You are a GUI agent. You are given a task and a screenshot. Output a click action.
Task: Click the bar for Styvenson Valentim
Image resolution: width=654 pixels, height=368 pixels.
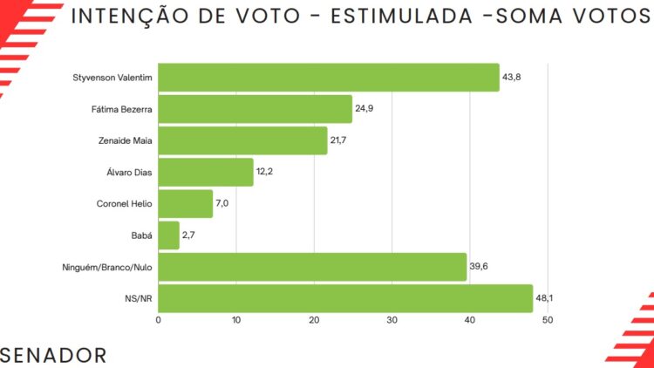click(x=329, y=78)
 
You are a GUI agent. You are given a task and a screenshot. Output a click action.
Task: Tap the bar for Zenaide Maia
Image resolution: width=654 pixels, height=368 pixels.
click(x=242, y=140)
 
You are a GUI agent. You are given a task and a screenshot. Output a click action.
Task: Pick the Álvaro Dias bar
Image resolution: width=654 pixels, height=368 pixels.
click(x=206, y=172)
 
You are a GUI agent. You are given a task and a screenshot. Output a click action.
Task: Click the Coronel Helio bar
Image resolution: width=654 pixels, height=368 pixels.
click(x=186, y=204)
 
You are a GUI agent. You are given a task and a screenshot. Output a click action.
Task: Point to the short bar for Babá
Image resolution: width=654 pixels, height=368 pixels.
click(x=169, y=235)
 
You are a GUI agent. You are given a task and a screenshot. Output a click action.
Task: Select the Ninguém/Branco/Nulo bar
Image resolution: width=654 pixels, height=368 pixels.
click(x=312, y=267)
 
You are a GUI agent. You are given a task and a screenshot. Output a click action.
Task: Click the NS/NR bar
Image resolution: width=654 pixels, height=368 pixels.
click(x=345, y=298)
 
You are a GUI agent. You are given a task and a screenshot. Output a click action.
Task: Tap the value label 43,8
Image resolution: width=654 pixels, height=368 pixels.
click(x=512, y=78)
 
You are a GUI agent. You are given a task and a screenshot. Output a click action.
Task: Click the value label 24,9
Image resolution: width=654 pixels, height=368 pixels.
click(x=364, y=109)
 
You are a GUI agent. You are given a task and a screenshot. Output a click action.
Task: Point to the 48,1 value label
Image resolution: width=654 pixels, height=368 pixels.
click(x=545, y=298)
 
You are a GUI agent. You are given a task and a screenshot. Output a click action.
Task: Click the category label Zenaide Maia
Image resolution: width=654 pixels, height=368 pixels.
click(x=126, y=140)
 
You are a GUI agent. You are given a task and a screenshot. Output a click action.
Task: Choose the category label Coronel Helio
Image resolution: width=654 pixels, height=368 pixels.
click(x=125, y=204)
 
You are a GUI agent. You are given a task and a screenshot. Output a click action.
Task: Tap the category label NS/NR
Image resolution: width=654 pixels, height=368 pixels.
click(x=140, y=298)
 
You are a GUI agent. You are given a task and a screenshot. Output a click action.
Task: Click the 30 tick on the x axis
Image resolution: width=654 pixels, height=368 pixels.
click(x=392, y=321)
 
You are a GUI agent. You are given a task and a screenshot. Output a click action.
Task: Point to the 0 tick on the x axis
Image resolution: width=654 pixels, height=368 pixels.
click(x=158, y=321)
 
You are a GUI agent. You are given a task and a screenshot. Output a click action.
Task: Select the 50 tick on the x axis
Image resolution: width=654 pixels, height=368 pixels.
click(x=548, y=321)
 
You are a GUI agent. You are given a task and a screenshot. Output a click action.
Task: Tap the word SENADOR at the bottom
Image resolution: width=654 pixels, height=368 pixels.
click(x=55, y=355)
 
